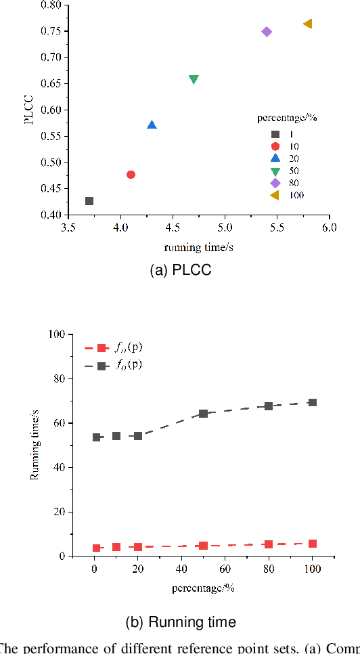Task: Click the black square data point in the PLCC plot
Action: pyautogui.click(x=89, y=201)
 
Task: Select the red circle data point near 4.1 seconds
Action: pyautogui.click(x=131, y=175)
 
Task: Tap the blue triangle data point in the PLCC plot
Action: pyautogui.click(x=152, y=125)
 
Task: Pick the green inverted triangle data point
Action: pyautogui.click(x=194, y=80)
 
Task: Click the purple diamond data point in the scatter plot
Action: pyautogui.click(x=267, y=32)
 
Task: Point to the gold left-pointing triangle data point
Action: pyautogui.click(x=308, y=24)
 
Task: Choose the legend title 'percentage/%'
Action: pyautogui.click(x=287, y=118)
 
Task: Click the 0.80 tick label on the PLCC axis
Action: pyautogui.click(x=51, y=5)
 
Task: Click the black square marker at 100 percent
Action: pyautogui.click(x=312, y=402)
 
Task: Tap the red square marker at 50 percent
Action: pyautogui.click(x=203, y=546)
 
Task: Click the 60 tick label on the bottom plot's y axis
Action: pyautogui.click(x=58, y=423)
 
